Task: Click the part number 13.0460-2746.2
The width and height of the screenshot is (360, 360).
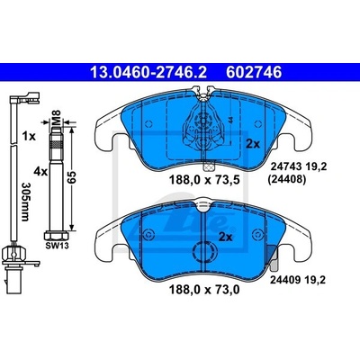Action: pos(148,72)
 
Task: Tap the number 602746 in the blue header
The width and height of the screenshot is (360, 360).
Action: pos(254,72)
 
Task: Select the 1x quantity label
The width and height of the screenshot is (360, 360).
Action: pos(29,137)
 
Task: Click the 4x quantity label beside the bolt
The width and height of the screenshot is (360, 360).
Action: pos(40,172)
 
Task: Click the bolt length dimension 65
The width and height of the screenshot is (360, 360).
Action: pos(72,178)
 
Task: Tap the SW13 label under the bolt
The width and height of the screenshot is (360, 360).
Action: pos(57,246)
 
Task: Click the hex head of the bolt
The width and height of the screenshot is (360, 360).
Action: pos(57,235)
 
